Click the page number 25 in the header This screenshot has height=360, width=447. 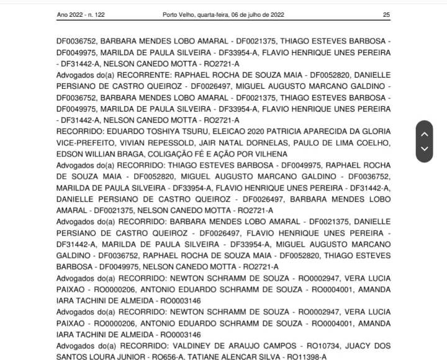(386, 14)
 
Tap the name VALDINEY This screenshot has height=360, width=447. (199, 345)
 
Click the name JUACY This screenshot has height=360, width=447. (363, 345)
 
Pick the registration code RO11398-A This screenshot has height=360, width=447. (306, 356)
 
